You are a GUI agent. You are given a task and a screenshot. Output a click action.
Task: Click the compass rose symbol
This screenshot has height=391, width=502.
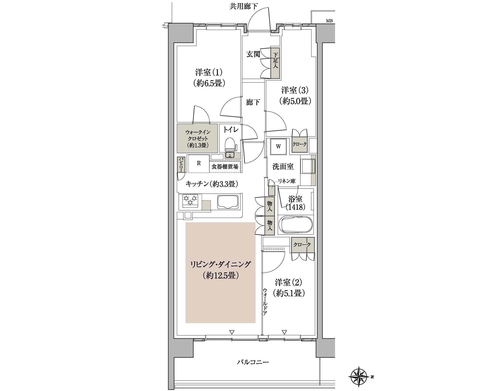point(360,377)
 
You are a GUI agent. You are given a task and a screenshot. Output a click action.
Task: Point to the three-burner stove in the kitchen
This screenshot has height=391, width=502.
point(190,201)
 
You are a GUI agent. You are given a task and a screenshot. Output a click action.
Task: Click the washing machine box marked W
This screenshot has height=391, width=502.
point(278,147)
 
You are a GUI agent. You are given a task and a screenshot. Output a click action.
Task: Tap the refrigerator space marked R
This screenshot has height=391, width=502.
point(199,163)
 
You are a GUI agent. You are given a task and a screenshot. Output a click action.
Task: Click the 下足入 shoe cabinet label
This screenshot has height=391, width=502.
point(275,60)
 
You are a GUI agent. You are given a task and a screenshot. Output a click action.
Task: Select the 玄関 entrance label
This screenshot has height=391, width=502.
point(253,54)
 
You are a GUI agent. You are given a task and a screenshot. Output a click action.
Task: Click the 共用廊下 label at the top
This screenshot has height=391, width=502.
point(244,7)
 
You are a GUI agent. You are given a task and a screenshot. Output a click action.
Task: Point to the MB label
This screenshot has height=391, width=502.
point(329,21)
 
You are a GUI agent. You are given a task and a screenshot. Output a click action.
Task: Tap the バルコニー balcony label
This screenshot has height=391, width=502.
point(253,362)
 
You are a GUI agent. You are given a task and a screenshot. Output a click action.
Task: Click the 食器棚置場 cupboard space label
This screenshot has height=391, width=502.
point(225,167)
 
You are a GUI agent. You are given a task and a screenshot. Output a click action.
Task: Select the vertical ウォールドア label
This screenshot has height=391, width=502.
point(265,301)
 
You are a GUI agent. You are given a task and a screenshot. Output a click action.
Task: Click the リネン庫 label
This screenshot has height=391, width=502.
point(286,181)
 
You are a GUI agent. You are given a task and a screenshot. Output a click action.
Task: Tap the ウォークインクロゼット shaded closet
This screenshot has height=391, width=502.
point(197,139)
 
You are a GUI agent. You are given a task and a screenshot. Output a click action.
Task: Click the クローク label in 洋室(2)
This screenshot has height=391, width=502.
point(302,245)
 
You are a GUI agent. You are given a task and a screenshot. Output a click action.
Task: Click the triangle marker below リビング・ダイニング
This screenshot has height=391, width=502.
point(231,332)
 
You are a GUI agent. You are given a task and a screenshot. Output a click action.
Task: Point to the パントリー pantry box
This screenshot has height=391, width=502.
point(180,164)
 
